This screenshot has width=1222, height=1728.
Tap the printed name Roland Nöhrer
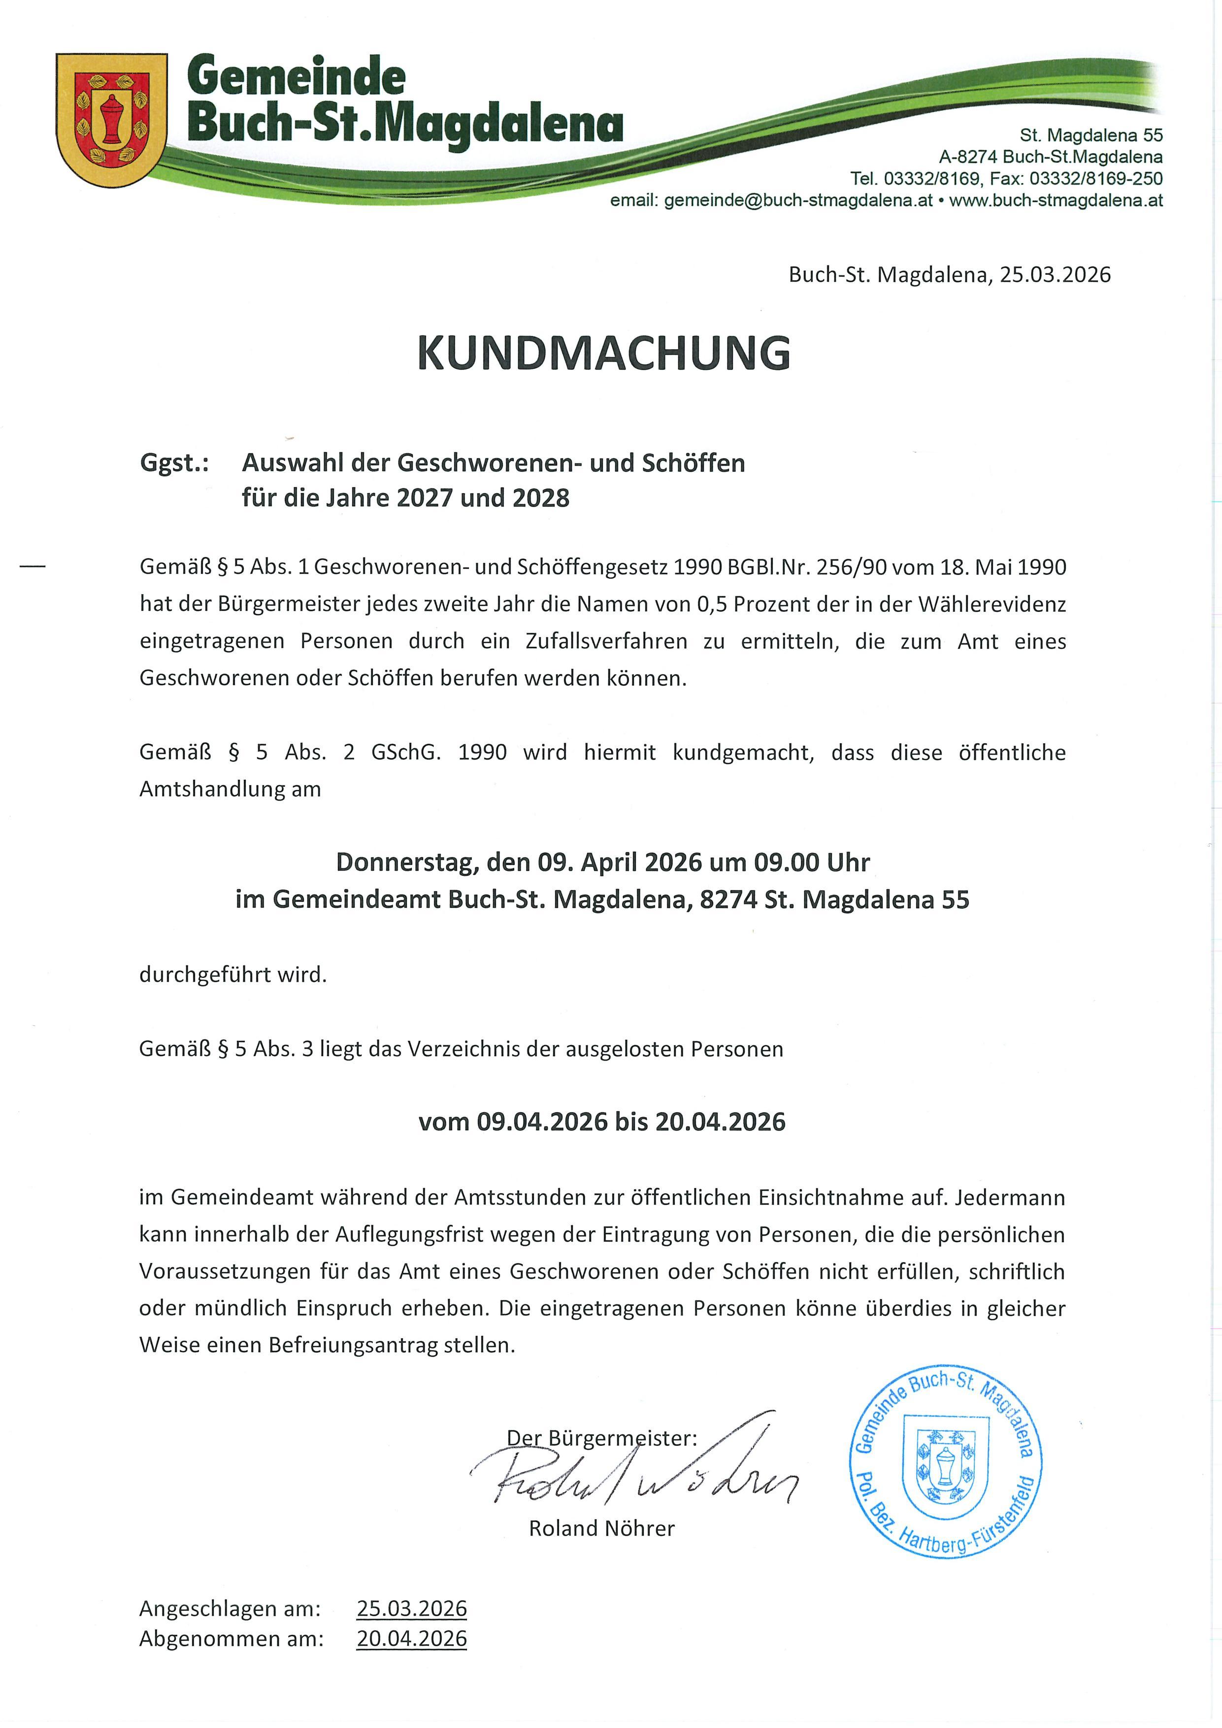[x=601, y=1529]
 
